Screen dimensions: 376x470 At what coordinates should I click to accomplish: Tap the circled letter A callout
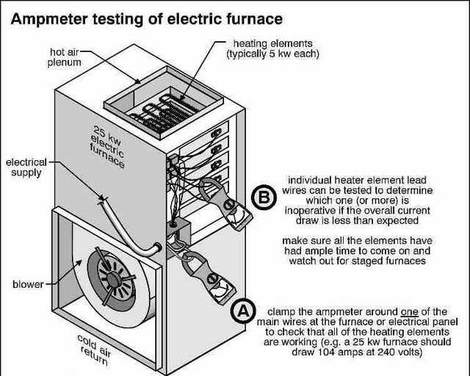[242, 311]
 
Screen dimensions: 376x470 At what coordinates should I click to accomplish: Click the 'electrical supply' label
[26, 167]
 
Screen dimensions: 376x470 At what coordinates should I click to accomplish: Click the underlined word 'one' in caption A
[416, 311]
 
